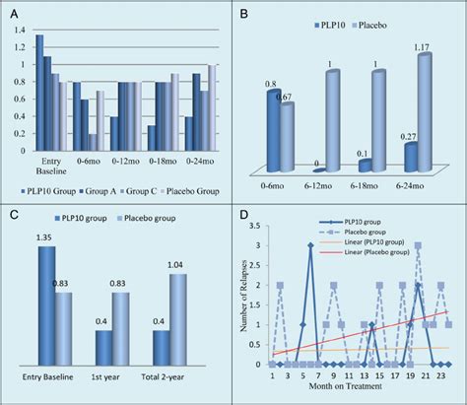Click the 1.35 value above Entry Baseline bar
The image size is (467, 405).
pos(44,237)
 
